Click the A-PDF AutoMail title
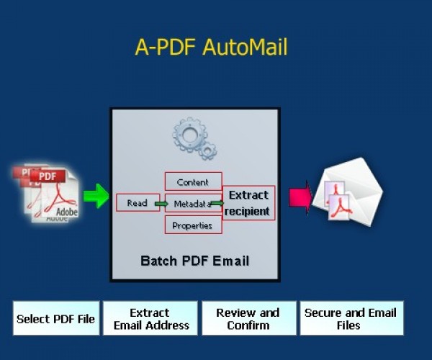click(211, 47)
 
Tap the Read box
click(138, 203)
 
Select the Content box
click(193, 181)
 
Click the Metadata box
click(189, 204)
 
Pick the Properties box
click(193, 225)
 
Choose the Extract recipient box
click(248, 203)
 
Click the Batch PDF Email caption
click(194, 260)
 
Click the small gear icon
click(208, 150)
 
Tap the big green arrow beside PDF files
click(96, 195)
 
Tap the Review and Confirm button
click(248, 319)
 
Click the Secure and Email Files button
click(351, 319)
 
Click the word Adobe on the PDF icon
click(66, 212)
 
